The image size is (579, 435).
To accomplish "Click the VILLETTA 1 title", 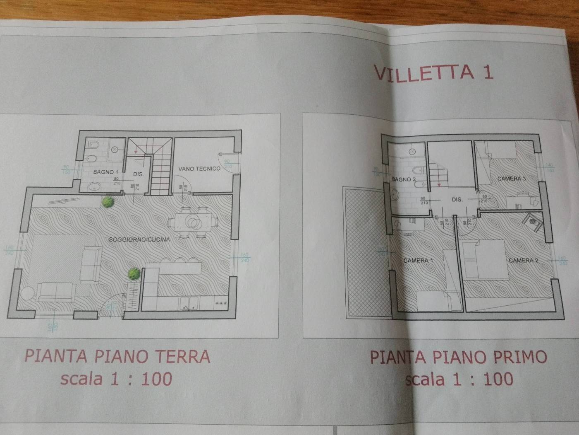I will (434, 72).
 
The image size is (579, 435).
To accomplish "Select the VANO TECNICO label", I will (199, 169).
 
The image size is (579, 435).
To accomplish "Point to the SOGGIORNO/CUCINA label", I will (139, 239).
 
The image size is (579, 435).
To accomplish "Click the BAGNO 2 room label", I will (403, 179).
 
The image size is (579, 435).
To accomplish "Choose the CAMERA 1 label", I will (418, 261).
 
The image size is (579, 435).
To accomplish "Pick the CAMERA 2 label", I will (523, 261).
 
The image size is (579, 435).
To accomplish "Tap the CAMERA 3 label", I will (512, 179).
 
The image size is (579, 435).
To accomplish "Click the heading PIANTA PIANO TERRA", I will (117, 356).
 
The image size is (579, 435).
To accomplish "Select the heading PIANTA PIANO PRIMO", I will (458, 357).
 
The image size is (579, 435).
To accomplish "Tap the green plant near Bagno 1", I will (108, 202).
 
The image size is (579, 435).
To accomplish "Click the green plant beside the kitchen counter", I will (133, 273).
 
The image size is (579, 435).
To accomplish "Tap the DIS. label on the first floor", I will (457, 200).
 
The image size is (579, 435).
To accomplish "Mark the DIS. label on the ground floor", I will (138, 174).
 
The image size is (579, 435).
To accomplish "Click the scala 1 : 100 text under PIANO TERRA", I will (116, 378).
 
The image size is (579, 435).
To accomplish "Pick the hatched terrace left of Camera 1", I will (364, 253).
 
